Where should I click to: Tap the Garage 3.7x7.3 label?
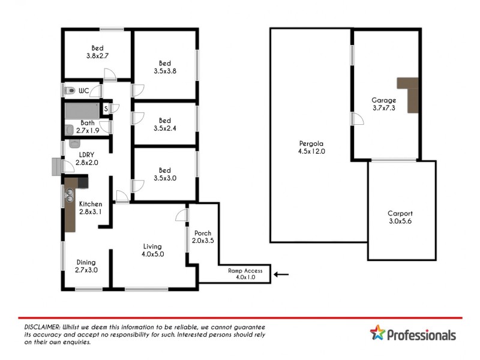pos(383,104)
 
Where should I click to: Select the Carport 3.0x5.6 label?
pos(400,217)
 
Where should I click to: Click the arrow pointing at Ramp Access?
pos(281,275)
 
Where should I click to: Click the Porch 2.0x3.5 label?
pos(202,236)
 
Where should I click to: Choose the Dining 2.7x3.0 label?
pos(86,266)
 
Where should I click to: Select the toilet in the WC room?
pos(70,91)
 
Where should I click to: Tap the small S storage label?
pos(106,109)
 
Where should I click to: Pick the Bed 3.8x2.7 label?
pos(97,52)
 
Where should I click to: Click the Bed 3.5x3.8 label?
pos(164,67)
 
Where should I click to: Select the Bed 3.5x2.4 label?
pos(164,124)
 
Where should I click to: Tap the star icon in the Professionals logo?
pos(377,332)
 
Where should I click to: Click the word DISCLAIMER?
pos(41,325)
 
